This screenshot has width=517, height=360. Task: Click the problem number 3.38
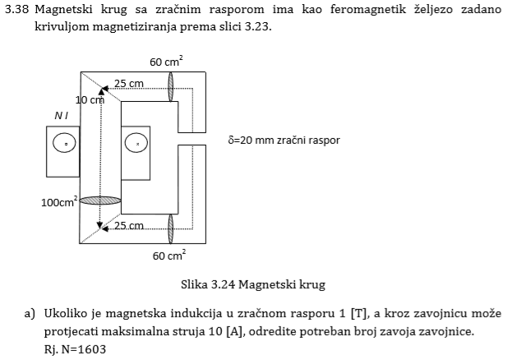tap(16, 9)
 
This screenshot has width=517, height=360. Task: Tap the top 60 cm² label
tap(166, 62)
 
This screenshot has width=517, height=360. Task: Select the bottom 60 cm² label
tap(169, 255)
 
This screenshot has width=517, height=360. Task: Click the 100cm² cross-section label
tap(59, 201)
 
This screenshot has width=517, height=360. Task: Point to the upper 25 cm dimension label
tap(129, 83)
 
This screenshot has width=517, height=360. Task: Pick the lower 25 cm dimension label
tap(129, 226)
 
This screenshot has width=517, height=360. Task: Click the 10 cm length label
tap(90, 99)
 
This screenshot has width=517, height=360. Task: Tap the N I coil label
tap(62, 116)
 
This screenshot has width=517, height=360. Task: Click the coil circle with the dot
tap(64, 143)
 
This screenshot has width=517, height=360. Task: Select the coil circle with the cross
tap(136, 143)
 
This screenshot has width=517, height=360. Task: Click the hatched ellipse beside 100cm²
tap(100, 201)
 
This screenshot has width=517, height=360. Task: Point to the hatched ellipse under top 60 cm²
tap(170, 86)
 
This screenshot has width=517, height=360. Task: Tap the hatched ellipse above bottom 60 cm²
tap(170, 228)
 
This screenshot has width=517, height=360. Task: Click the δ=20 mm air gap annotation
tap(284, 140)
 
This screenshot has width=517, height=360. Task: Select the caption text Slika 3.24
tap(208, 284)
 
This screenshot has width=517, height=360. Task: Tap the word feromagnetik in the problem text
tap(368, 9)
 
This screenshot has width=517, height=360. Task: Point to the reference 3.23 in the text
tap(258, 26)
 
